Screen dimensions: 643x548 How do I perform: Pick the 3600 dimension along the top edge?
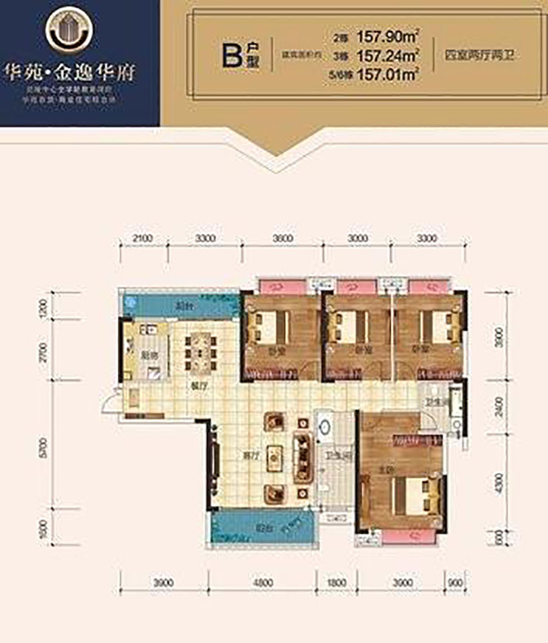coord(281,238)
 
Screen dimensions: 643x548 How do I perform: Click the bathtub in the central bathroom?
coord(325,426)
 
